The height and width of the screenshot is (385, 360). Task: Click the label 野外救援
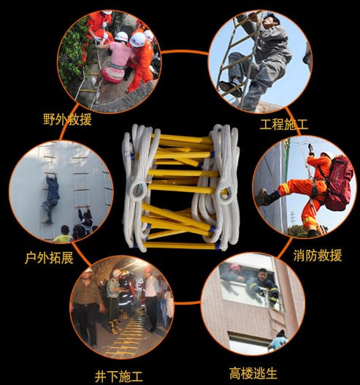click(x=67, y=118)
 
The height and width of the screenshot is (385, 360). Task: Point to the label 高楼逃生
click(x=253, y=373)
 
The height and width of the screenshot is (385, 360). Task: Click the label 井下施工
click(x=118, y=377)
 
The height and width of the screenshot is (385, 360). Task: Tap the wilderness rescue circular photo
click(x=109, y=58)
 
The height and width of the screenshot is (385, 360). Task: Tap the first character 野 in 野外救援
click(x=50, y=118)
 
